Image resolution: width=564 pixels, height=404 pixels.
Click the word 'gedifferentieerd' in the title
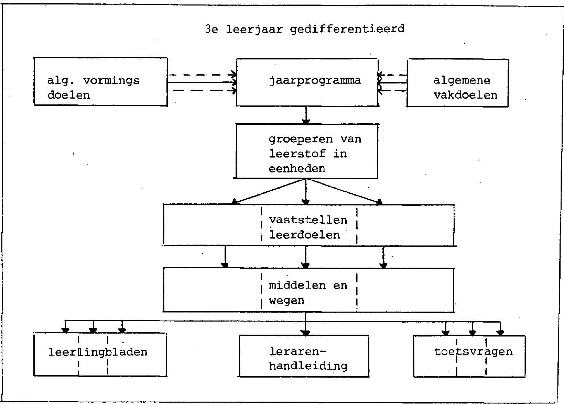click(x=347, y=30)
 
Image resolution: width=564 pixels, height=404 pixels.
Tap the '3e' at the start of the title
click(x=211, y=29)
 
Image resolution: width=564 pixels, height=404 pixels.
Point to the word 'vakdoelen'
click(x=466, y=96)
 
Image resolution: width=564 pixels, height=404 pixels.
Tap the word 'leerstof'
click(x=297, y=154)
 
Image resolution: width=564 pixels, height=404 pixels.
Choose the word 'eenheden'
click(x=297, y=168)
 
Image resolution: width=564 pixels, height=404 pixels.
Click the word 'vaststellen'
click(x=308, y=220)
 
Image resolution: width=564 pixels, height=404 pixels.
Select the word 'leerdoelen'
click(x=305, y=235)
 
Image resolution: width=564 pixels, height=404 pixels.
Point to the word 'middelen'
click(x=297, y=285)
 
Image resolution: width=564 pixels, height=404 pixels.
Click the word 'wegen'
click(x=286, y=301)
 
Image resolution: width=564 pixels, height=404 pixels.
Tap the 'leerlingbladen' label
click(x=98, y=352)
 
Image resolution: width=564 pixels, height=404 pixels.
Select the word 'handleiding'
click(x=308, y=366)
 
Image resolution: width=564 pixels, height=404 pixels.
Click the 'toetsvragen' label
click(x=473, y=352)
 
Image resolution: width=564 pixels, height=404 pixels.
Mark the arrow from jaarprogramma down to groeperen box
click(x=306, y=115)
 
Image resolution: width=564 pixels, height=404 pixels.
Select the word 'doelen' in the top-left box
click(x=69, y=96)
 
